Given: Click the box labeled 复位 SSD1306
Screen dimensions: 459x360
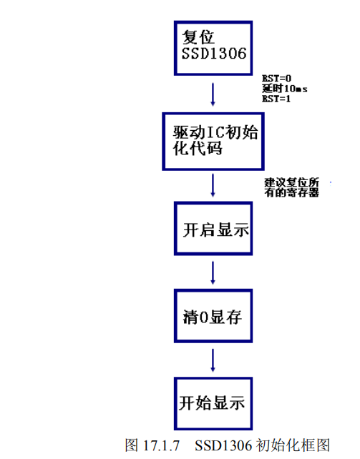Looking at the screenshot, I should pos(213,47).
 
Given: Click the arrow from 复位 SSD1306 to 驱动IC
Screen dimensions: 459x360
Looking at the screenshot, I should pos(213,93).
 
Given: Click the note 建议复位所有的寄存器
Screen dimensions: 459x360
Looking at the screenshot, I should pos(291,188).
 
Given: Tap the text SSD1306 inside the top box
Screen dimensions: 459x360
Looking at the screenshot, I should pos(213,55).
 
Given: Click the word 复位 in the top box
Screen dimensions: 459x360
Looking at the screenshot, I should pos(197,37).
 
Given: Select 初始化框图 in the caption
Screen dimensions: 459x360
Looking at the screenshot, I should pos(291,445).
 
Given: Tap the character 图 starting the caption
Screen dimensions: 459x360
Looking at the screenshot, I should pos(131,445).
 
